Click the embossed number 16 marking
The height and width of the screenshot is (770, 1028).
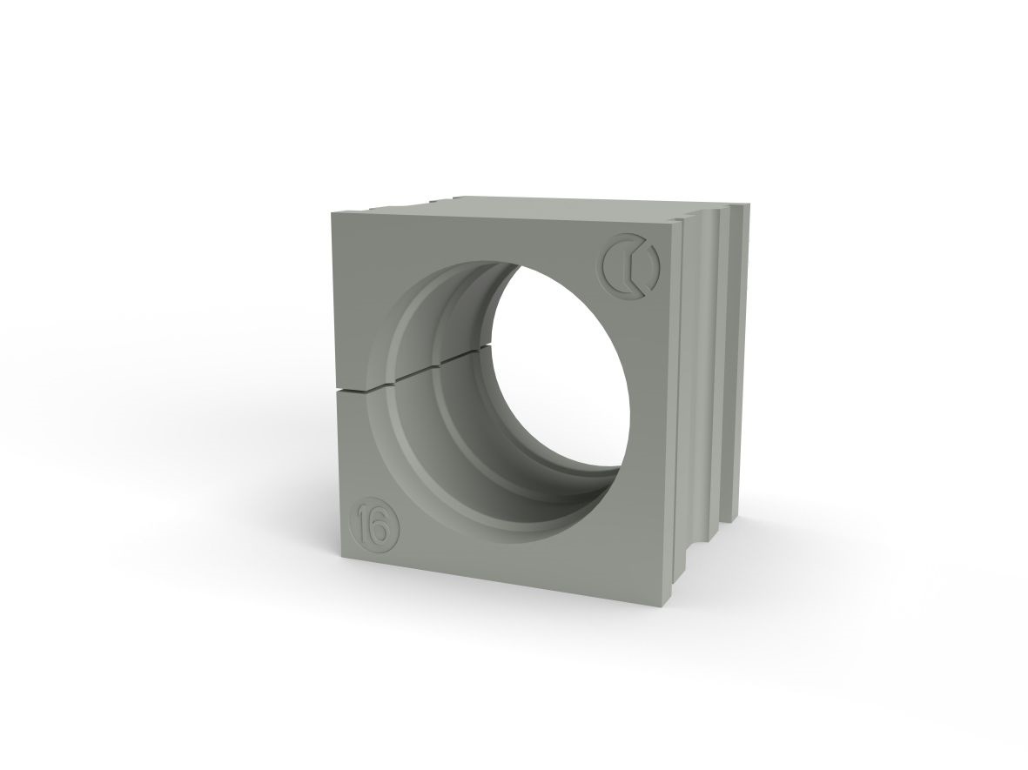click(x=378, y=525)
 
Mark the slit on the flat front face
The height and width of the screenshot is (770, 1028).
click(x=352, y=392)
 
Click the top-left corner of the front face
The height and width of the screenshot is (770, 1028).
click(x=333, y=211)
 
